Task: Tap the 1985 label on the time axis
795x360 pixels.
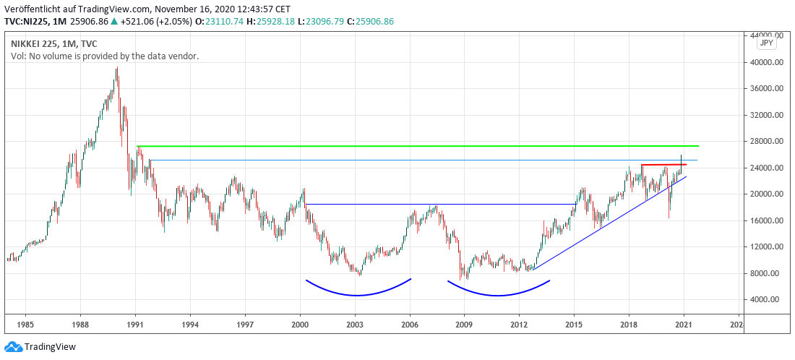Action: coord(25,325)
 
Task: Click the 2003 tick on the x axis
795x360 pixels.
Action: coord(355,325)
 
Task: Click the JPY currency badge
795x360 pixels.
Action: coord(766,43)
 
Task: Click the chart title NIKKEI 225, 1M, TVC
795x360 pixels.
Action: coord(54,43)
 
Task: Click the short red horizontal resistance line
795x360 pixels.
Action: coord(663,165)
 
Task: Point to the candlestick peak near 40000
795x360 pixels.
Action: coord(117,69)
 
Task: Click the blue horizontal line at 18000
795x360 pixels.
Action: coord(434,204)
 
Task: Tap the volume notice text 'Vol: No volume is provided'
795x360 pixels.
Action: coord(105,56)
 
